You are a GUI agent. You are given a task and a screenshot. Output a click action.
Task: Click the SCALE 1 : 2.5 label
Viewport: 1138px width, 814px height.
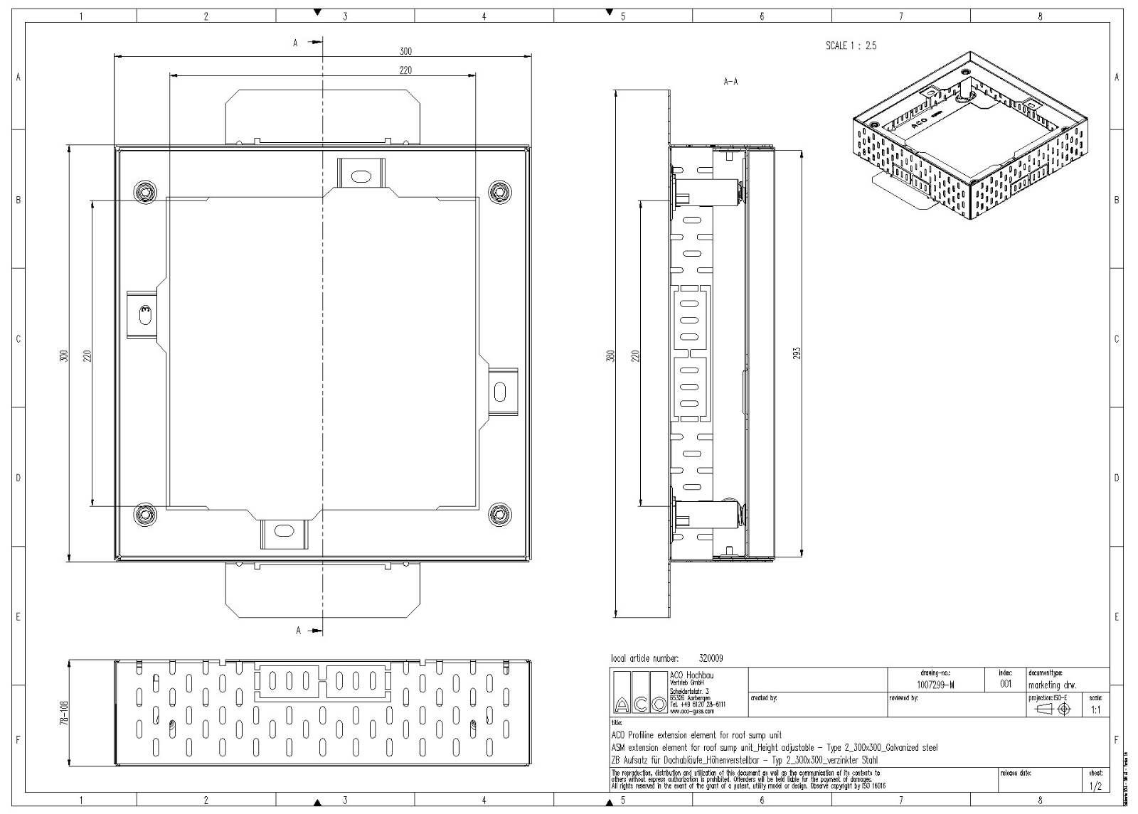(x=851, y=45)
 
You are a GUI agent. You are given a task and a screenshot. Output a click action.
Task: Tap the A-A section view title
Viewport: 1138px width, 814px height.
(x=730, y=82)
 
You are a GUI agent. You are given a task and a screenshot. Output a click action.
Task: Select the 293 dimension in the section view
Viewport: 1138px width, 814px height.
(x=797, y=353)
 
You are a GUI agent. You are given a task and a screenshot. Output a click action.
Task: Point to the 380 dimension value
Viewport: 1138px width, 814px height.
(x=610, y=355)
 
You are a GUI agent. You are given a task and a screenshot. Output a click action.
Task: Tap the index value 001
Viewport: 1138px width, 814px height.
(x=1005, y=684)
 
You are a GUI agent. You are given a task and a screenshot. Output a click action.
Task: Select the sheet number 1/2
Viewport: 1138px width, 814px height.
(x=1095, y=786)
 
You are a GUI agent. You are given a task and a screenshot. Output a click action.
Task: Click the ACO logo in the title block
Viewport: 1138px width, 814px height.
(x=639, y=694)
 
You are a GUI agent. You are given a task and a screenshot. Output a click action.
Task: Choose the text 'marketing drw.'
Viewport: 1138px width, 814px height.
(x=1052, y=685)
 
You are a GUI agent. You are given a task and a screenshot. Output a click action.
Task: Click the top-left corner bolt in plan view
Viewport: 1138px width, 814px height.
(x=145, y=191)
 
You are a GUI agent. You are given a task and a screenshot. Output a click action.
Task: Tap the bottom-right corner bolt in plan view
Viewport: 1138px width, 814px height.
(x=501, y=513)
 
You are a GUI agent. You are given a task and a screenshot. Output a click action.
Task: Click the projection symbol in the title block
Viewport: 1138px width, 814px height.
(x=1054, y=709)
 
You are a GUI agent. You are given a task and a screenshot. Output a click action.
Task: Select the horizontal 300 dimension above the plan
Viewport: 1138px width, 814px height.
(x=405, y=51)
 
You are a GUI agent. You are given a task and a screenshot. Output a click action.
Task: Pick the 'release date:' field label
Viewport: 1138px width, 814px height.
(x=1015, y=771)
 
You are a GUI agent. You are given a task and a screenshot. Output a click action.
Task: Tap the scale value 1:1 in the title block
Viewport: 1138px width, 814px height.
(x=1095, y=710)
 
